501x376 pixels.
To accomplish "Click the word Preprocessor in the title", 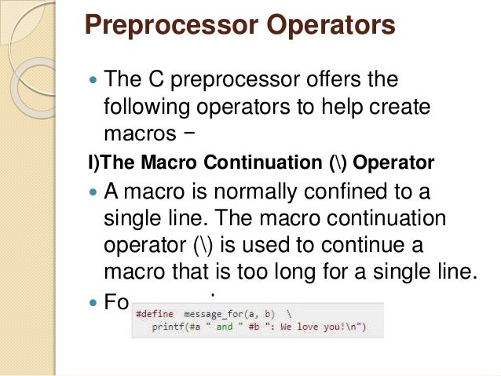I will coord(167,25).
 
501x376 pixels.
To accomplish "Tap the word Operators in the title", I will coord(329,25).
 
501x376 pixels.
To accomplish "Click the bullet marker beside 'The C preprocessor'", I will coord(93,80).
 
